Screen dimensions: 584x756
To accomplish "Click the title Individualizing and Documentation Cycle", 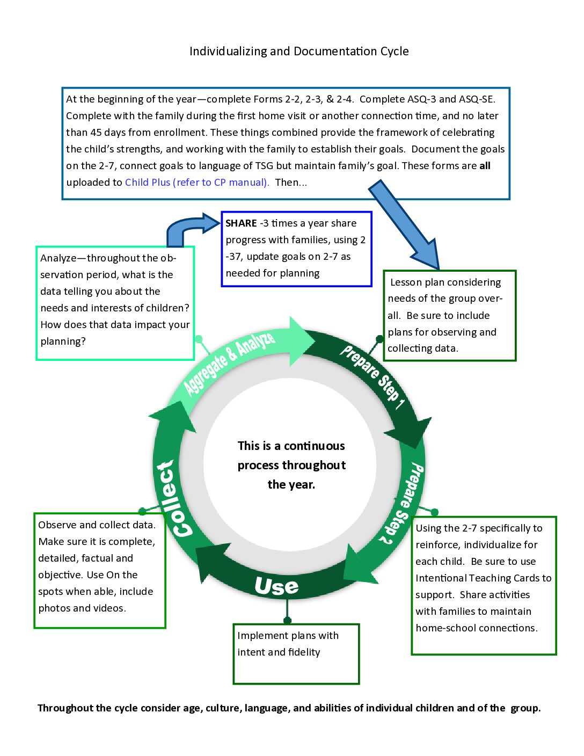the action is [299, 51].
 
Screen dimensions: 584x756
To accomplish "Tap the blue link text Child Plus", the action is [148, 183].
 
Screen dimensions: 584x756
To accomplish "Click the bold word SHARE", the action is [241, 223].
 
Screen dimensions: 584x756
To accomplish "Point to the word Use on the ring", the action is [276, 586].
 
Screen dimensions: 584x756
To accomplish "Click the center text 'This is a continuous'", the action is [291, 446].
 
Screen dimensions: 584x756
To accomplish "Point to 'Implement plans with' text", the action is [288, 636].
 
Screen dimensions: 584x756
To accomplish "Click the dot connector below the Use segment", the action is [287, 620].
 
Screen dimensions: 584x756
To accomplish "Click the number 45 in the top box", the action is [96, 133].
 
